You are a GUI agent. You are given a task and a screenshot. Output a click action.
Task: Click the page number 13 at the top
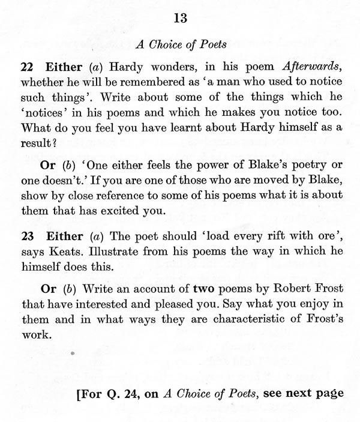click(180, 19)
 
